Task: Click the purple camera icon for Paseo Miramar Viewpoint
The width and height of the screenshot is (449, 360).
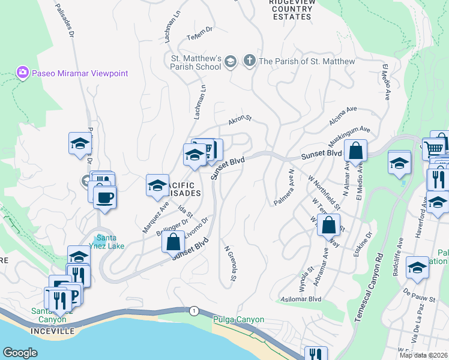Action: pos(23,73)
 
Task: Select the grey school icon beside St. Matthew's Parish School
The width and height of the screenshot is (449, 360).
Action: pos(230,61)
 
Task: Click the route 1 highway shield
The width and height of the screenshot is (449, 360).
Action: pos(193,310)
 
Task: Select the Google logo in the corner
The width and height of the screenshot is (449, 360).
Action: pos(20,352)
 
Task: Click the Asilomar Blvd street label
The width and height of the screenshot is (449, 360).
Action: pos(301,299)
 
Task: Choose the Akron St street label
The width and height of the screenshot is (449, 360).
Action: pos(238,122)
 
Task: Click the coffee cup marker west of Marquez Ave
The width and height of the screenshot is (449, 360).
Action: pos(105,197)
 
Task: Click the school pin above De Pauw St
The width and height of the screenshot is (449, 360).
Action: pos(417,267)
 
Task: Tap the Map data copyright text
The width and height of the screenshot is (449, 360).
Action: pos(423,355)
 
